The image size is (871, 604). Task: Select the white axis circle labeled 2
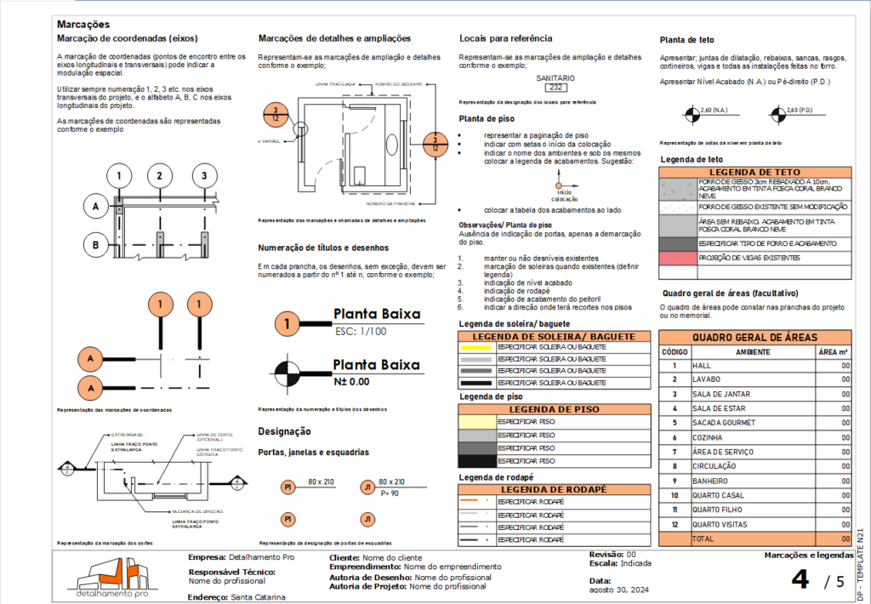coord(159,177)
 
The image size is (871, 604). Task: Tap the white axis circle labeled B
coord(96,246)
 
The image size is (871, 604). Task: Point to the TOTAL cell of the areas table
coord(704,538)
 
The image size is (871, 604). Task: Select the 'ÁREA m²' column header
coord(833,350)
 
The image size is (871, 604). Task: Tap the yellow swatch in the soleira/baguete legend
coord(476,347)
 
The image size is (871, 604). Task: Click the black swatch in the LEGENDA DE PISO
coord(476,461)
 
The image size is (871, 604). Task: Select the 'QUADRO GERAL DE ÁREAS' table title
coord(755,336)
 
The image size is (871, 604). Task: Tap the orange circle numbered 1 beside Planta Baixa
coord(287,323)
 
